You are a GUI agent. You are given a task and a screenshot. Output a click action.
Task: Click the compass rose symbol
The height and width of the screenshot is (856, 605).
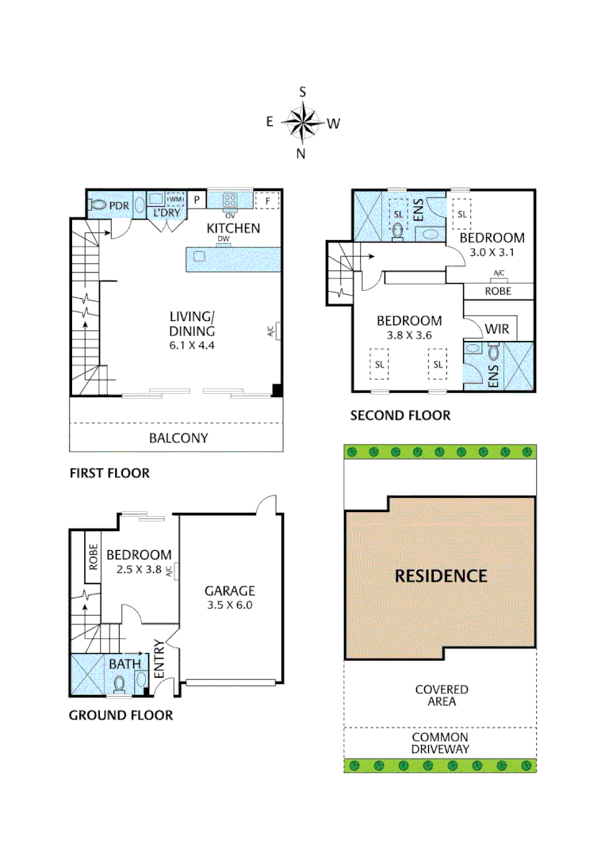click(x=302, y=123)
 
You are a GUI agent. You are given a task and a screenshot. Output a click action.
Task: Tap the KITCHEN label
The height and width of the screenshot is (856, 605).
click(x=233, y=228)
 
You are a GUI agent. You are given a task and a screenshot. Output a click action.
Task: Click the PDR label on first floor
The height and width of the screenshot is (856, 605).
click(x=119, y=205)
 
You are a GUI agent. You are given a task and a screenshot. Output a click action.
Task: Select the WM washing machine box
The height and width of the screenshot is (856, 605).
click(x=175, y=199)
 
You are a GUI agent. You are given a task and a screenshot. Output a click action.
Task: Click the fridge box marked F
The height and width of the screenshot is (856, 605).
click(x=268, y=201)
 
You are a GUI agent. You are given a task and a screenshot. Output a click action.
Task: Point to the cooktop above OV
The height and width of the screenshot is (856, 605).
click(x=231, y=200)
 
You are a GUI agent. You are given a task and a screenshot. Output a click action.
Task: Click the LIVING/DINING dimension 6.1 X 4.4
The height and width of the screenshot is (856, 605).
click(x=192, y=346)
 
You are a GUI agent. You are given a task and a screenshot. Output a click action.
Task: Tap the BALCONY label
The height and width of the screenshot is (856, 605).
click(x=178, y=438)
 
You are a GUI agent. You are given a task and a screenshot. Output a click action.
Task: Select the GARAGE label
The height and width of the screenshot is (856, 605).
click(x=230, y=590)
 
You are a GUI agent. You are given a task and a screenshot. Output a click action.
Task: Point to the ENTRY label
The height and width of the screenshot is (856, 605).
click(x=159, y=659)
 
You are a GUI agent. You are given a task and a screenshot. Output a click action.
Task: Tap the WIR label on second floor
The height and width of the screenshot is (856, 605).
click(x=496, y=328)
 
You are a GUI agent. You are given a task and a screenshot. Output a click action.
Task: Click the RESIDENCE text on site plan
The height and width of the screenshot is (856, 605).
click(x=441, y=575)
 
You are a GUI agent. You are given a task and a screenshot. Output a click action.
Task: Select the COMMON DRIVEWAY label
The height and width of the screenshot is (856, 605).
click(x=441, y=743)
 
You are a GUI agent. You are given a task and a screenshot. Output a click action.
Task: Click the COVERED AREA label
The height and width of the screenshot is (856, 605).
click(x=441, y=695)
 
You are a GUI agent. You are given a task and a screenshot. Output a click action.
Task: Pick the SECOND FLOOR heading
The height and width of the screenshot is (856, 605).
click(x=400, y=415)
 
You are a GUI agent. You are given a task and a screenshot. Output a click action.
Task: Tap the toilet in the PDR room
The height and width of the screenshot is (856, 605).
click(x=98, y=205)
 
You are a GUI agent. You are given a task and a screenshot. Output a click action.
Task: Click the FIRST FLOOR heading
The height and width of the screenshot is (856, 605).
click(x=109, y=473)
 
